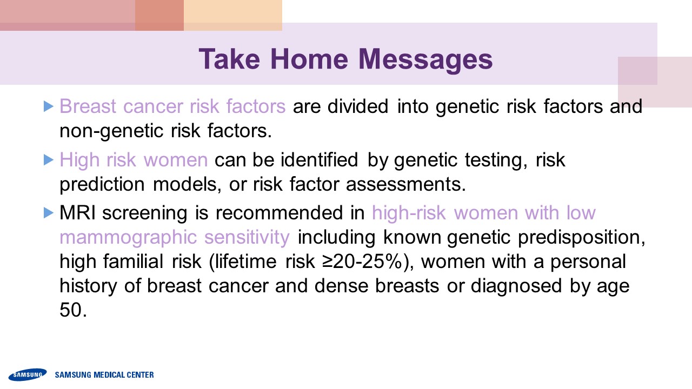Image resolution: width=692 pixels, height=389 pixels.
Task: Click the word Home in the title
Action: pyautogui.click(x=309, y=59)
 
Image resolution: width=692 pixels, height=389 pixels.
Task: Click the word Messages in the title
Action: pyautogui.click(x=425, y=61)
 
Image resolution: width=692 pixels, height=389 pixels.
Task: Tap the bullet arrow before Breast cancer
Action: pyautogui.click(x=49, y=106)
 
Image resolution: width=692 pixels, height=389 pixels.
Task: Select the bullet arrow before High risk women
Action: pyautogui.click(x=49, y=159)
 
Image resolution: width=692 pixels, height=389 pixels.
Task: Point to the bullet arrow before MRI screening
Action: pyautogui.click(x=49, y=213)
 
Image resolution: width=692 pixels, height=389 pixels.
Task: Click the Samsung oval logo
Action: pyautogui.click(x=28, y=374)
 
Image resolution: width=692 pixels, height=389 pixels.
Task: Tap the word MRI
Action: pyautogui.click(x=77, y=213)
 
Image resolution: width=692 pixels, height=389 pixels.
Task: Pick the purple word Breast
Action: pyautogui.click(x=88, y=106)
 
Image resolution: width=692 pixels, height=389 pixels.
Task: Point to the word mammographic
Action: pyautogui.click(x=128, y=238)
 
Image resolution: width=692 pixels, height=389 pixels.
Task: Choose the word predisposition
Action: pyautogui.click(x=581, y=238)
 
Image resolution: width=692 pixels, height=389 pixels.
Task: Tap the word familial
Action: pyautogui.click(x=133, y=261)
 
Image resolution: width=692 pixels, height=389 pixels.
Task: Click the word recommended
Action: pyautogui.click(x=279, y=213)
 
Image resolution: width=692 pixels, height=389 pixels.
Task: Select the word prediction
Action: pyautogui.click(x=102, y=185)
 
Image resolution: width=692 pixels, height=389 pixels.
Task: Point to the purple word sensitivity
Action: pyautogui.click(x=247, y=237)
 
